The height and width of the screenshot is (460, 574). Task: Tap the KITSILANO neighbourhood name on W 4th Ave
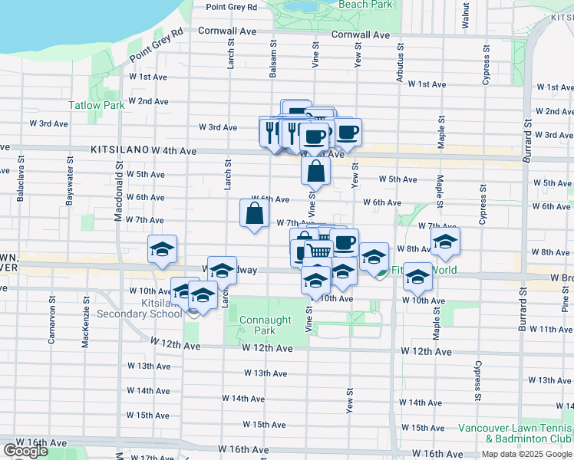pos(119,152)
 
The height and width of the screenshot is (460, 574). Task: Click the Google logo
pos(25,451)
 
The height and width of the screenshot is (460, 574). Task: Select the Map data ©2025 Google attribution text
pos(527,454)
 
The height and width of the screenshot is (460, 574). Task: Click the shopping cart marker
pos(318,251)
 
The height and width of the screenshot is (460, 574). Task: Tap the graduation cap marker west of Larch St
pos(162,249)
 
